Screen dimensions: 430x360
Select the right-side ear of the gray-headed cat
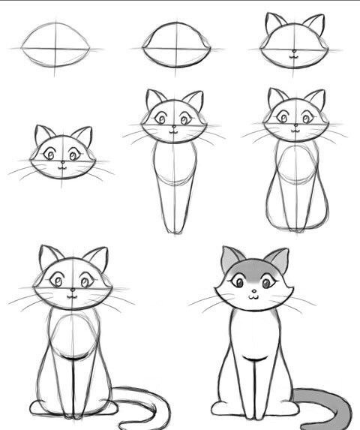point(277,260)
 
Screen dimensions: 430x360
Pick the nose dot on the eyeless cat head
point(294,53)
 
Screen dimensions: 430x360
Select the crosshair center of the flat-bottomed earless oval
point(175,47)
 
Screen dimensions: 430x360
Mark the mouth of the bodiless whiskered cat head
point(63,168)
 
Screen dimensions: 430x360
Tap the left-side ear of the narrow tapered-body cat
point(154,99)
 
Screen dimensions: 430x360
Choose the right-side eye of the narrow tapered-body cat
point(185,119)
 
